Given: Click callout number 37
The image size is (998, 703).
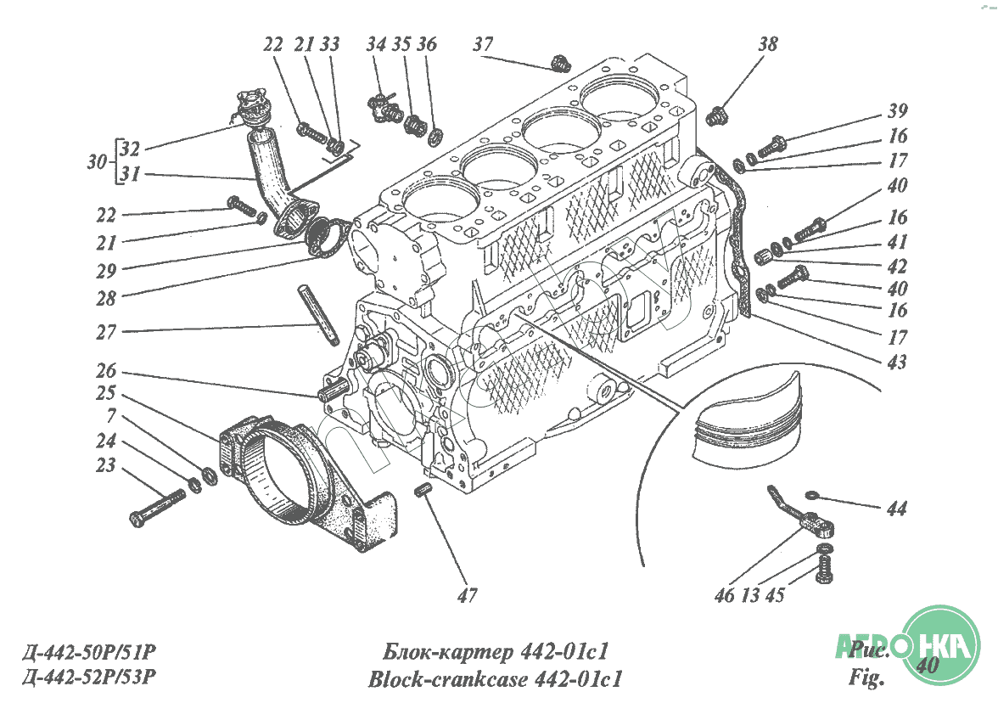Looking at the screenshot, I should tap(483, 44).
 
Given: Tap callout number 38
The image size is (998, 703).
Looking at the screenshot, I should tap(767, 44).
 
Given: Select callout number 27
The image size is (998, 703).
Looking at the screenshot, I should tap(106, 332).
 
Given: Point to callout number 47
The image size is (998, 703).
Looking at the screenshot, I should tap(467, 595).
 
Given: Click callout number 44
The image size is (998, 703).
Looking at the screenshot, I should tap(896, 509).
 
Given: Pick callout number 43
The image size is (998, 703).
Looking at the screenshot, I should tap(897, 363).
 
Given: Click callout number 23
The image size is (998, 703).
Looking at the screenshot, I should tap(105, 466).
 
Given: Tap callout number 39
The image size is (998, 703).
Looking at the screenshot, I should tap(897, 111).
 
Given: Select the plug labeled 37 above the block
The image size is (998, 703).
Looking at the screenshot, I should tap(559, 63).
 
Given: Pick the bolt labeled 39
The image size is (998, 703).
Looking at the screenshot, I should tap(772, 145).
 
